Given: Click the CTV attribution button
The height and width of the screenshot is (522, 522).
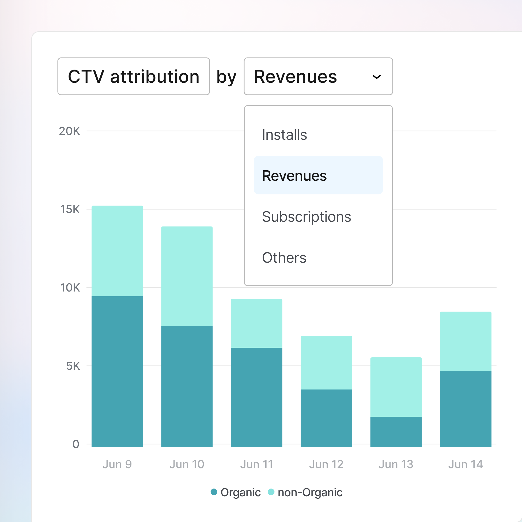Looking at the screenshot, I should [x=134, y=77].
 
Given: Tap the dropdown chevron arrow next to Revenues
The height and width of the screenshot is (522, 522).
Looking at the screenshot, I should [x=376, y=77].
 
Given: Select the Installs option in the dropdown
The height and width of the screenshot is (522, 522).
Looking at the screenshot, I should [x=285, y=135].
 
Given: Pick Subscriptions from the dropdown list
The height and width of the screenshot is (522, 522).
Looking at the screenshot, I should [x=307, y=217].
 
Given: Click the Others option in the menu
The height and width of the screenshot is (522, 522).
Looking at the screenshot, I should [x=284, y=258].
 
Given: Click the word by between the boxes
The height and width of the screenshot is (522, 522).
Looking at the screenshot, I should [x=226, y=77].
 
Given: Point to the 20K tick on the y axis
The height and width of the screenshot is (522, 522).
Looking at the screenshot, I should [x=69, y=131].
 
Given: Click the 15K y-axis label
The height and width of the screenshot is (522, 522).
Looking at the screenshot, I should [x=70, y=210].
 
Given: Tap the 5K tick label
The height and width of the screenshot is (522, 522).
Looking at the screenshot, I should [x=73, y=366].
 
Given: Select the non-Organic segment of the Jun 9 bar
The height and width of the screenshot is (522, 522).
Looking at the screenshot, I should [x=117, y=251].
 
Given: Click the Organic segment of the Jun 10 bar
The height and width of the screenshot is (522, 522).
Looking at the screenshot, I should [x=187, y=386].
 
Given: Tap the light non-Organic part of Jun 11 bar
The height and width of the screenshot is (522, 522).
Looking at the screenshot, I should [x=256, y=323].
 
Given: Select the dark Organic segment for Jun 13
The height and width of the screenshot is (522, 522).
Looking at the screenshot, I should [x=396, y=432].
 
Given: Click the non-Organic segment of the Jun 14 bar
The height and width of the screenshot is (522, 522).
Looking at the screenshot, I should [x=466, y=341].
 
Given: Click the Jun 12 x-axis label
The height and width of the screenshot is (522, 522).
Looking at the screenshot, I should [x=326, y=464].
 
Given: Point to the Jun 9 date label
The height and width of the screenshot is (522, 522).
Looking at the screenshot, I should [x=117, y=464].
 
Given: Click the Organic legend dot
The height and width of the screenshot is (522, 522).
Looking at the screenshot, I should [x=214, y=492].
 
